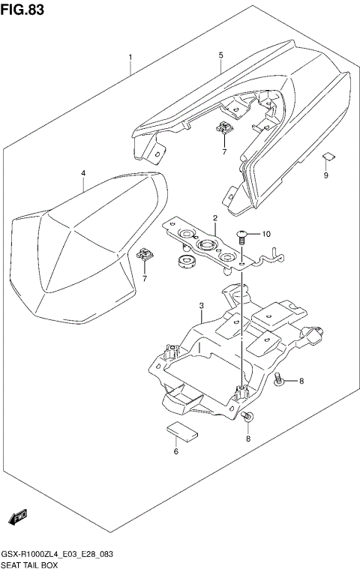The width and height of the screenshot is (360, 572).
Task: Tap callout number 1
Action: pyautogui.click(x=130, y=58)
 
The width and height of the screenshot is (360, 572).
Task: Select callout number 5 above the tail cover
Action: pyautogui.click(x=221, y=55)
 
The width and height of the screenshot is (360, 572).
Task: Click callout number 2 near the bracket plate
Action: pyautogui.click(x=214, y=218)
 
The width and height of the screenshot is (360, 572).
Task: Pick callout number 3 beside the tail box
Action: pyautogui.click(x=202, y=306)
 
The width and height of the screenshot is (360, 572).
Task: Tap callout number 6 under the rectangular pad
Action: pyautogui.click(x=176, y=451)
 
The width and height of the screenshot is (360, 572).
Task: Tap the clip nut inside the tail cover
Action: pyautogui.click(x=223, y=129)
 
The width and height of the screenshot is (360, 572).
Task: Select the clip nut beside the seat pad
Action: pyautogui.click(x=145, y=257)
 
